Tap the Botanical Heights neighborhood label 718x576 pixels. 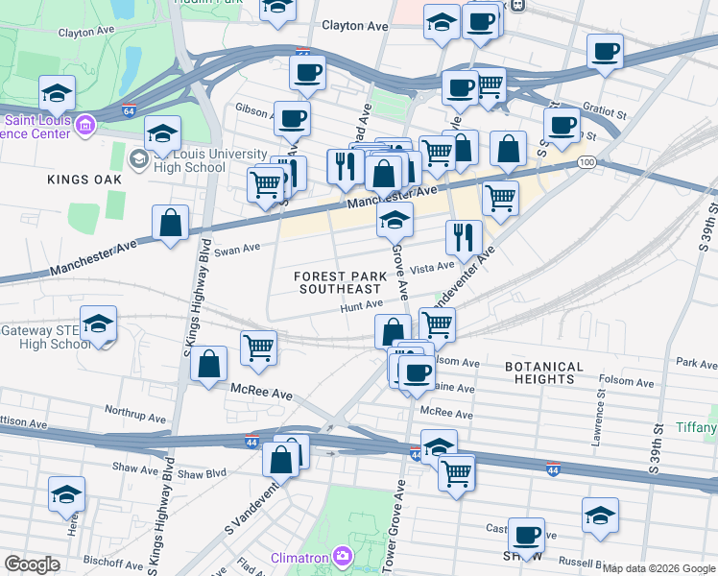[x=543, y=372]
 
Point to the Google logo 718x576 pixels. [x=32, y=564]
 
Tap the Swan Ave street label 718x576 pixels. [x=237, y=249]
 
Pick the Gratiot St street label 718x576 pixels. [x=607, y=114]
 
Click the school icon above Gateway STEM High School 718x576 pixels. [x=98, y=325]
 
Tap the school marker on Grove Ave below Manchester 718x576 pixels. [x=394, y=221]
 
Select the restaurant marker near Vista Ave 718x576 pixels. [x=465, y=237]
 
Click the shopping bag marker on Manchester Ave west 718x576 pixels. [x=170, y=224]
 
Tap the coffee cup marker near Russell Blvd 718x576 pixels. [x=526, y=535]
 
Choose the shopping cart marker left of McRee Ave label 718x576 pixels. [x=258, y=348]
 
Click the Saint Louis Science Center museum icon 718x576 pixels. [x=85, y=125]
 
